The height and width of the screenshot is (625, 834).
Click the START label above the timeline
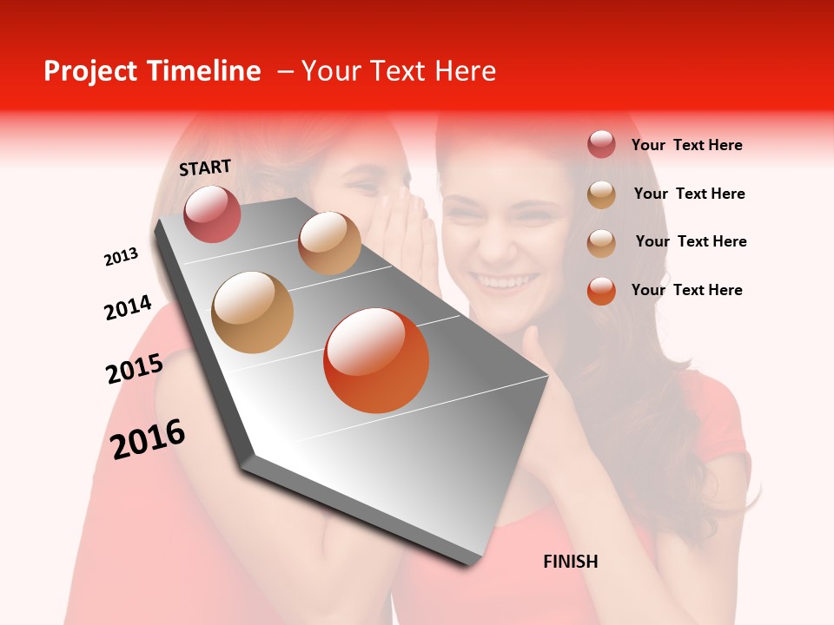tap(205, 167)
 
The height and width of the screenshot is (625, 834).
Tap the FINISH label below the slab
tap(570, 562)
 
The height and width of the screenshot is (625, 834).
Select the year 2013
tap(121, 257)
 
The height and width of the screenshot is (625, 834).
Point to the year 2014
tap(128, 308)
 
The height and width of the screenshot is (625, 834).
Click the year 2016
tap(148, 438)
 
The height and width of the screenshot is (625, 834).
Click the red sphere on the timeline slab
tap(212, 214)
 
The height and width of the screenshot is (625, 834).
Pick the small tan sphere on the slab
tap(329, 242)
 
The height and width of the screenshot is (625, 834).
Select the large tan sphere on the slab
tap(253, 312)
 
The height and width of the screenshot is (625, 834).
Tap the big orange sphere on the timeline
tap(376, 360)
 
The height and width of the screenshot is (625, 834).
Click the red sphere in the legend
tap(601, 145)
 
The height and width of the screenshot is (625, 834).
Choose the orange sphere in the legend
tap(601, 291)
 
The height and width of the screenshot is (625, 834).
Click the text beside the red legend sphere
tap(686, 145)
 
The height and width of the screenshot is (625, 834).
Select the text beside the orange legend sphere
tap(686, 290)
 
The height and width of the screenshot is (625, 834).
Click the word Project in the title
tap(89, 71)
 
